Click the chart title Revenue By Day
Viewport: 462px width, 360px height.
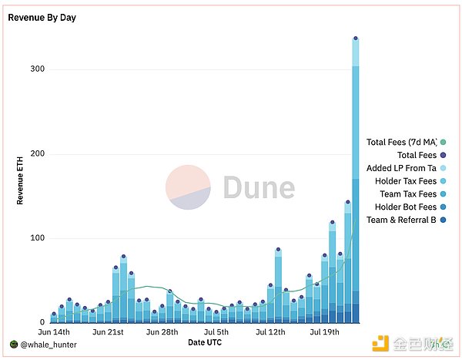pyautogui.click(x=42, y=17)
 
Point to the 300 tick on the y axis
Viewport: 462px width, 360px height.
pyautogui.click(x=37, y=69)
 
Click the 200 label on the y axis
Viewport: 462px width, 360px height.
pyautogui.click(x=37, y=154)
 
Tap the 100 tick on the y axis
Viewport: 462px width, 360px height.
pyautogui.click(x=37, y=238)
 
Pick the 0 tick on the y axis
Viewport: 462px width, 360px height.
pyautogui.click(x=42, y=322)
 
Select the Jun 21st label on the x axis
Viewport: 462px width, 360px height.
pyautogui.click(x=108, y=332)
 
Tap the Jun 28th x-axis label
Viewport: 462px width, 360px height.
pyautogui.click(x=162, y=332)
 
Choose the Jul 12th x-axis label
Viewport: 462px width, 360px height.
pyautogui.click(x=270, y=332)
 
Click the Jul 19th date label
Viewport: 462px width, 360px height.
pyautogui.click(x=324, y=332)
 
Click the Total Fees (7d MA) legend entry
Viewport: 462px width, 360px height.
pyautogui.click(x=401, y=142)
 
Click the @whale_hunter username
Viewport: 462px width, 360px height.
pyautogui.click(x=47, y=344)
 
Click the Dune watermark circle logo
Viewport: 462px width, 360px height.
pyautogui.click(x=189, y=187)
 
